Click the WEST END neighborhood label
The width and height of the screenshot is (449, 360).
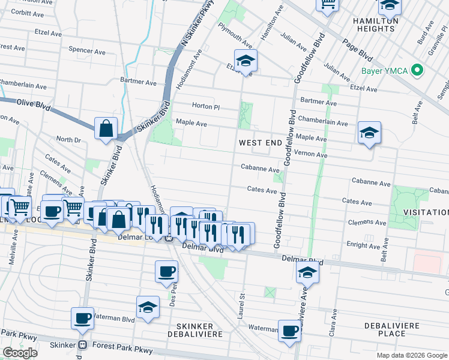[x=260, y=143]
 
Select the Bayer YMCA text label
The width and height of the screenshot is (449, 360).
[x=384, y=71]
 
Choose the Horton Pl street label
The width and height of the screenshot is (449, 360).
[x=206, y=106]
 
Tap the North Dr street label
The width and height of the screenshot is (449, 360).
[x=68, y=139]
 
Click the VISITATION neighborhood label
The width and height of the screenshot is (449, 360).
[x=425, y=212]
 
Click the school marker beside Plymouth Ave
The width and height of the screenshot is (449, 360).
[x=246, y=61]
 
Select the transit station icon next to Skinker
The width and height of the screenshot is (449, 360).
[x=83, y=345]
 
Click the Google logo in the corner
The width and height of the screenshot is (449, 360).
[x=20, y=353]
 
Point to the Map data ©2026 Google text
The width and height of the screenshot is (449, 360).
[x=411, y=355]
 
